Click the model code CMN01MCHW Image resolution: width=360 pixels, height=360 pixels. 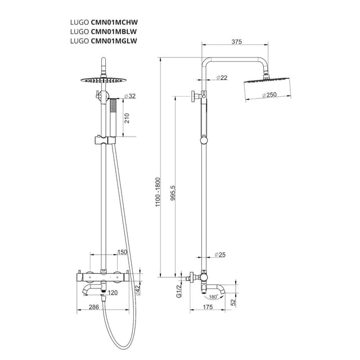[115, 23]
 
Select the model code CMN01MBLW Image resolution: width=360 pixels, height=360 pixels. [114, 32]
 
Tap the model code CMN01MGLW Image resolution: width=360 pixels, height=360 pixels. [114, 41]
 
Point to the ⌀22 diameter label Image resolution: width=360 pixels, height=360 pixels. [222, 78]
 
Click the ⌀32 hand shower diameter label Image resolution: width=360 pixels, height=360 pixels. [130, 96]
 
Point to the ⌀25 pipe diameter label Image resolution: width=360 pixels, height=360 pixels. [220, 255]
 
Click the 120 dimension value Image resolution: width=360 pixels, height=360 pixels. [112, 292]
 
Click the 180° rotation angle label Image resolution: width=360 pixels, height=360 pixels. [213, 296]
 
